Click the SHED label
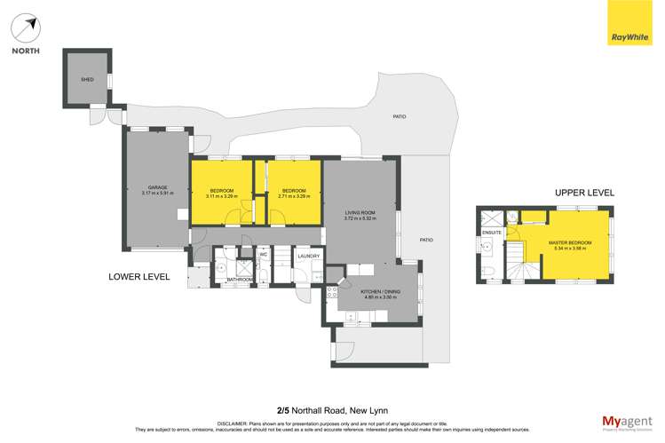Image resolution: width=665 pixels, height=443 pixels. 87,79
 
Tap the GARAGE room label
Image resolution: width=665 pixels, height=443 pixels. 158,187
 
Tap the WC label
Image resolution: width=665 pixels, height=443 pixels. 263,256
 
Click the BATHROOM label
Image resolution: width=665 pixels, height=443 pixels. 237,280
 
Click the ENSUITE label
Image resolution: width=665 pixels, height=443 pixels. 491,233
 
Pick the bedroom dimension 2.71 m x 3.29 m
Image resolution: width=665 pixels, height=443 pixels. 294,196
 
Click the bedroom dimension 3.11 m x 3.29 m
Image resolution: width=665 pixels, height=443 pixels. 221,196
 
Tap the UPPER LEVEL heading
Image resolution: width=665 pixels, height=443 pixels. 584,193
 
